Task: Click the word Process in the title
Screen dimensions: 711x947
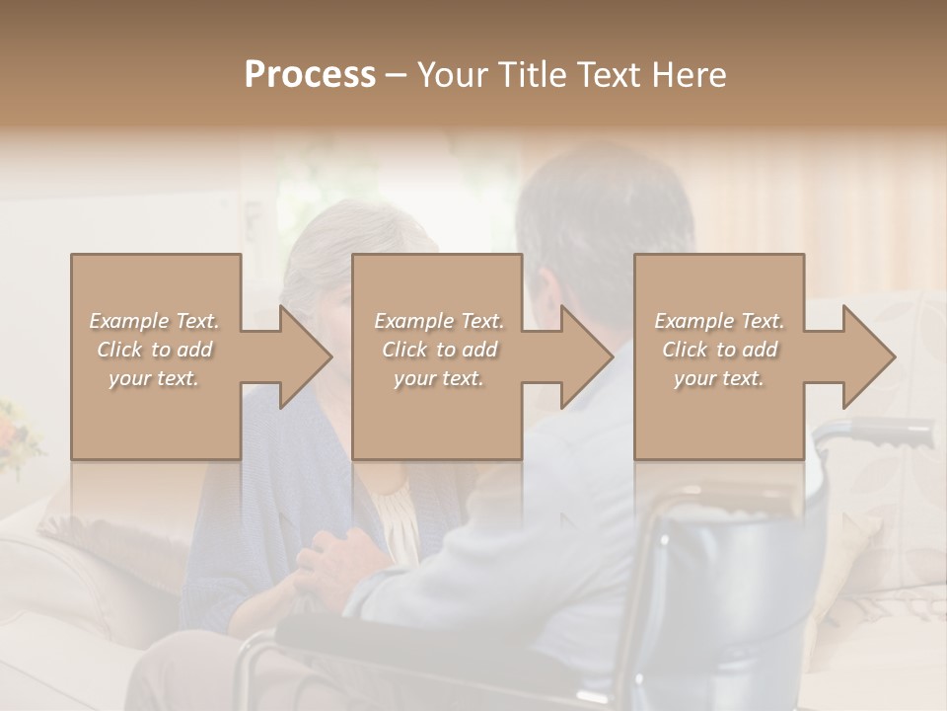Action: pyautogui.click(x=310, y=74)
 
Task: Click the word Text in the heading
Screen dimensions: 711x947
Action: pyautogui.click(x=610, y=74)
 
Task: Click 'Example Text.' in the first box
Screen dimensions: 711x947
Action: pyautogui.click(x=154, y=321)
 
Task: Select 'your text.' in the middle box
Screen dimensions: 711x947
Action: pyautogui.click(x=438, y=378)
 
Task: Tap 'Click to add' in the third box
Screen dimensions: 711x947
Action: pyautogui.click(x=719, y=350)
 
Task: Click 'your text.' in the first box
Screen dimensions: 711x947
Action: pyautogui.click(x=154, y=378)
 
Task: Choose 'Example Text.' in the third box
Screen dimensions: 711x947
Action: pyautogui.click(x=719, y=321)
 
